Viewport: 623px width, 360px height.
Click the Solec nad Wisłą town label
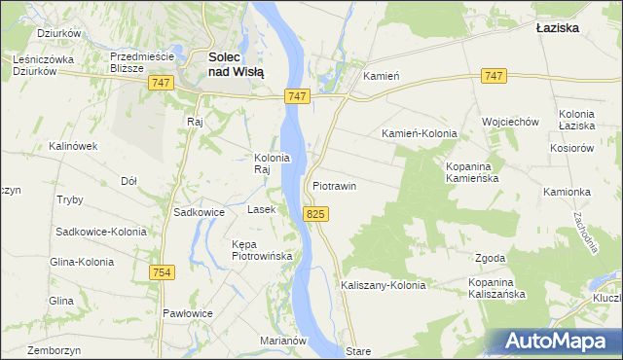pyautogui.click(x=238, y=63)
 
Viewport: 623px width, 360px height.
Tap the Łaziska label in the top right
pyautogui.click(x=558, y=28)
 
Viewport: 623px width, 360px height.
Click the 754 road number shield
pyautogui.click(x=162, y=273)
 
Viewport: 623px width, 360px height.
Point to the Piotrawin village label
pyautogui.click(x=335, y=185)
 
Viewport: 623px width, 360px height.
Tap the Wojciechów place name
pyautogui.click(x=510, y=122)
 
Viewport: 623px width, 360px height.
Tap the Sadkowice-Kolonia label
pyautogui.click(x=101, y=232)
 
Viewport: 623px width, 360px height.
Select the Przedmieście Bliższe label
pyautogui.click(x=141, y=62)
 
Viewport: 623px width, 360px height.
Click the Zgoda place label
pyautogui.click(x=490, y=258)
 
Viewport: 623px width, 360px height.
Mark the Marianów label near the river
pyautogui.click(x=283, y=341)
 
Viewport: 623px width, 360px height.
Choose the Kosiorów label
pyautogui.click(x=570, y=148)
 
